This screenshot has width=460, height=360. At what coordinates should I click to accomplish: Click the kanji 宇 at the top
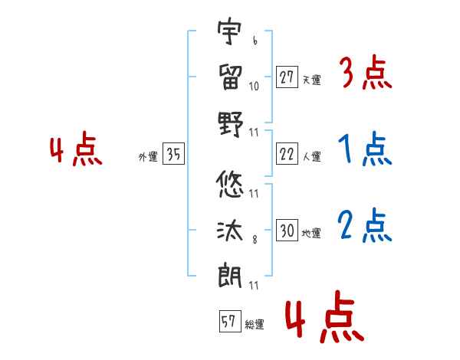229,31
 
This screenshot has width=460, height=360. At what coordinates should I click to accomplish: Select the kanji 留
230,77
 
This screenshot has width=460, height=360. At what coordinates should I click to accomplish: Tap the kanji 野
231,124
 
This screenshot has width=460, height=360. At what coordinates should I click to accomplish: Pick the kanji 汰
230,231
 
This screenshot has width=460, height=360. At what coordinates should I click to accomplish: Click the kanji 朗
230,275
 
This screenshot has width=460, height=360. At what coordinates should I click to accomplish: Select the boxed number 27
287,77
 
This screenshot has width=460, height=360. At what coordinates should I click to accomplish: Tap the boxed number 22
287,154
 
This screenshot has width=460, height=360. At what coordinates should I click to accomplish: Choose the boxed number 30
287,230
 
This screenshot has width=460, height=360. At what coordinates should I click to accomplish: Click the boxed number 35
173,154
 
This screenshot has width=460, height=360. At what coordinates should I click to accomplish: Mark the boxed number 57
230,321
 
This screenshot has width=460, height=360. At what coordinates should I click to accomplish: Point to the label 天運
312,80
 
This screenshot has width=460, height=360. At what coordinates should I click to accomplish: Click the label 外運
148,156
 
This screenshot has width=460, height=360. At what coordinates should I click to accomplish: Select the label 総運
255,324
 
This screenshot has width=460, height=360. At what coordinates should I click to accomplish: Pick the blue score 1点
365,149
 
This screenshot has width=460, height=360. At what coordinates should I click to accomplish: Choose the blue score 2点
364,225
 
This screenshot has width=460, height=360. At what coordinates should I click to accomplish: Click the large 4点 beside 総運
324,316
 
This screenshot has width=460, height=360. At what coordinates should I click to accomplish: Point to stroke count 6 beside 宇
255,41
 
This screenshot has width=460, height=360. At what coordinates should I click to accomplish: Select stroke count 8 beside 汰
255,240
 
